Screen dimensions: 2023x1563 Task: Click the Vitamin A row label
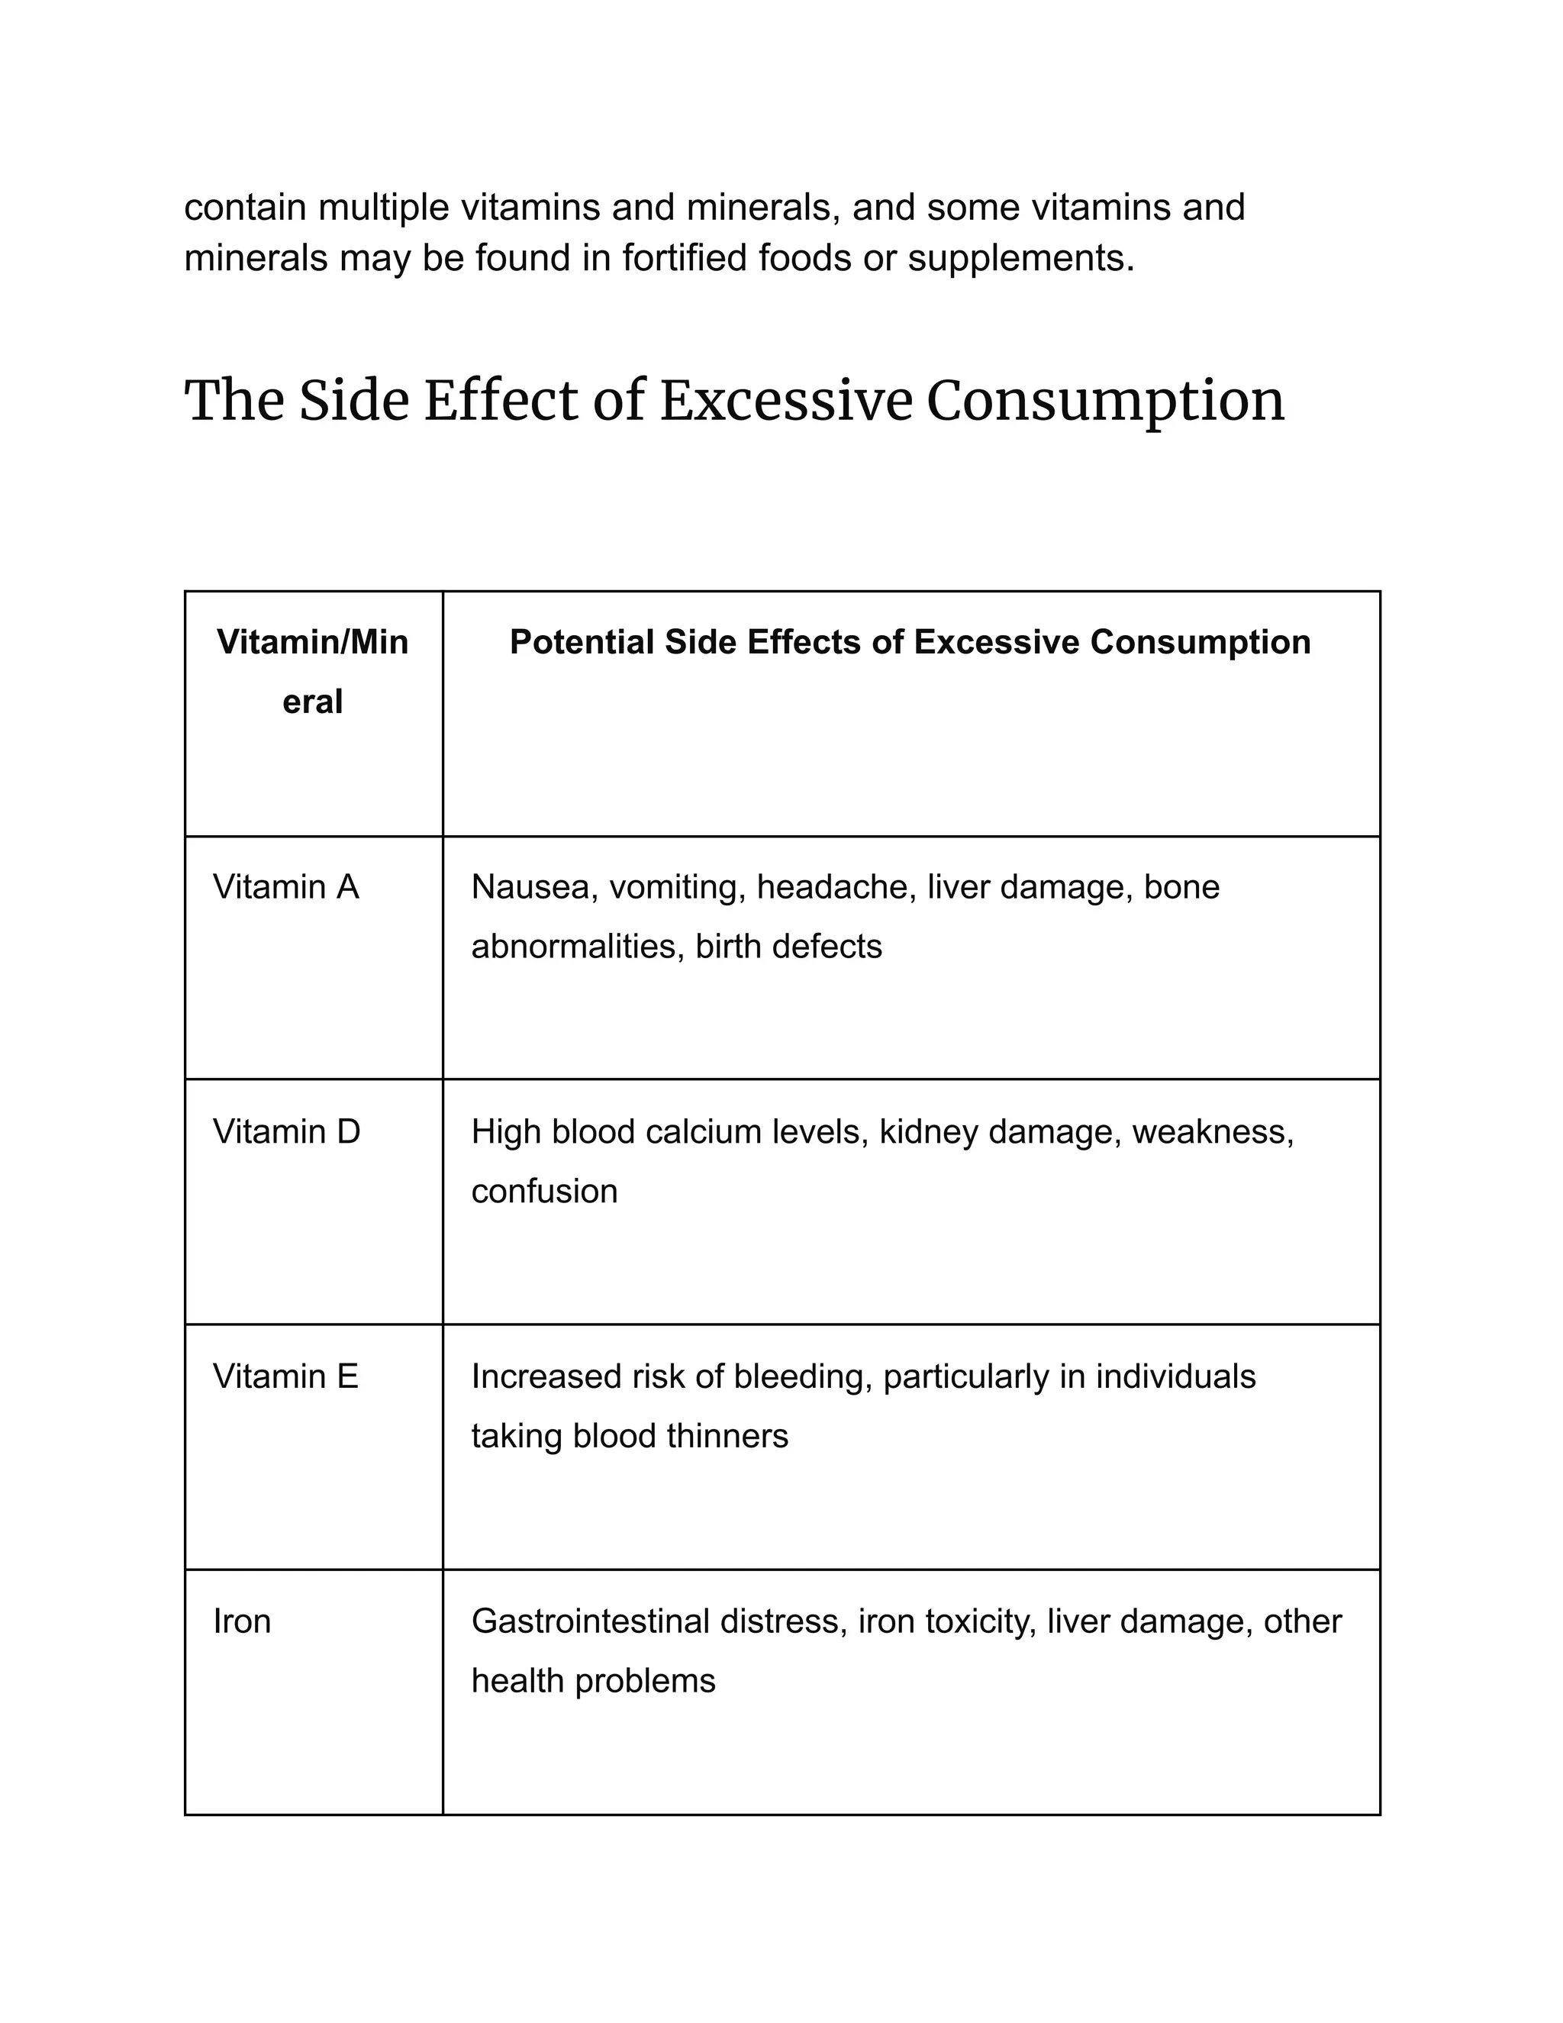coord(285,887)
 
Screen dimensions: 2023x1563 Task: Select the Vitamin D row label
coord(286,1132)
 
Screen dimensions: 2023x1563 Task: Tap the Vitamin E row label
coord(285,1376)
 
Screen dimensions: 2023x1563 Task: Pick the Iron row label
coord(242,1621)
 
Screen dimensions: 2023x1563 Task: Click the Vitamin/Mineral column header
coord(312,672)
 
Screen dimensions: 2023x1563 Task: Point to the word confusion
coord(543,1191)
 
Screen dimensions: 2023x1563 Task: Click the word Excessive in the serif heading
coord(786,401)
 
